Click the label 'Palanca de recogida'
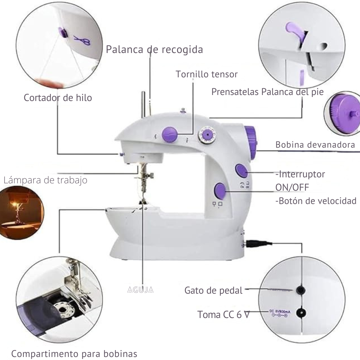tap(154, 49)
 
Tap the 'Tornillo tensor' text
tap(207, 74)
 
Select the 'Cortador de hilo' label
tap(58, 98)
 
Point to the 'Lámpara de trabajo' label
tap(45, 180)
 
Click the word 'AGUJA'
tap(140, 290)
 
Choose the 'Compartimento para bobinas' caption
tap(74, 353)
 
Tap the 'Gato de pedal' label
tap(213, 290)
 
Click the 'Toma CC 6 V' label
tap(223, 315)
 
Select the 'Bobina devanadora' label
tap(315, 145)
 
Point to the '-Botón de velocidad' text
tap(316, 201)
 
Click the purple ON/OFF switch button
tap(241, 170)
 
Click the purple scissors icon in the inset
tap(82, 41)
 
